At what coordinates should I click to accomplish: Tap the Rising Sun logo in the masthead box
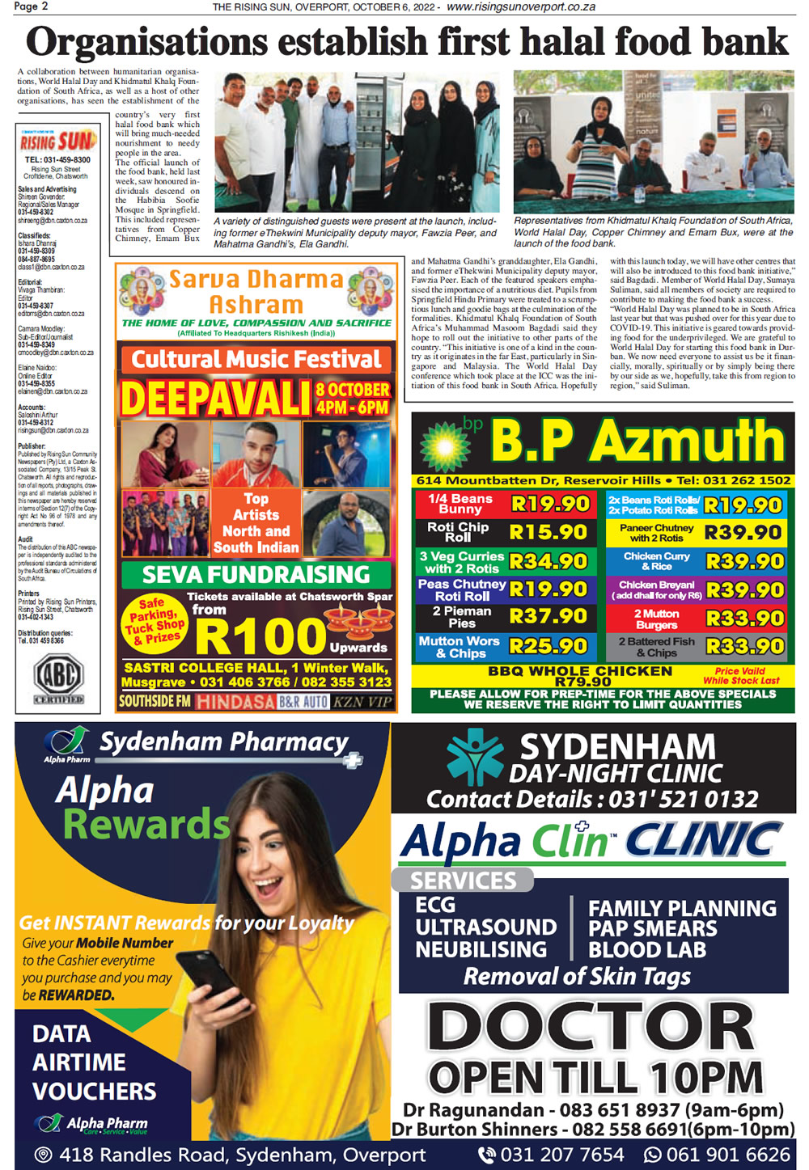pyautogui.click(x=58, y=141)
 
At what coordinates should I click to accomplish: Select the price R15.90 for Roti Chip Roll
pyautogui.click(x=549, y=532)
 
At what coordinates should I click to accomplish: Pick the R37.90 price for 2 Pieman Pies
pyautogui.click(x=549, y=616)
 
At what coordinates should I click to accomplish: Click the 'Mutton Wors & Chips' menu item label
pyautogui.click(x=460, y=647)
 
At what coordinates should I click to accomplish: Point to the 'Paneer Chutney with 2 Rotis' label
pyautogui.click(x=656, y=533)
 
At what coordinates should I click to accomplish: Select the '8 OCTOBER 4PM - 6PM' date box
pyautogui.click(x=353, y=398)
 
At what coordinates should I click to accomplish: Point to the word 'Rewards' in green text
pyautogui.click(x=146, y=825)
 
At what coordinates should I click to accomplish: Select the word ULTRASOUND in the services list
pyautogui.click(x=485, y=927)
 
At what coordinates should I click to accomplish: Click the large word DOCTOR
pyautogui.click(x=591, y=1027)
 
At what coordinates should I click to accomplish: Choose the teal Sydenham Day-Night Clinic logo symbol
pyautogui.click(x=475, y=758)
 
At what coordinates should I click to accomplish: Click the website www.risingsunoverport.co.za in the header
pyautogui.click(x=521, y=6)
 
